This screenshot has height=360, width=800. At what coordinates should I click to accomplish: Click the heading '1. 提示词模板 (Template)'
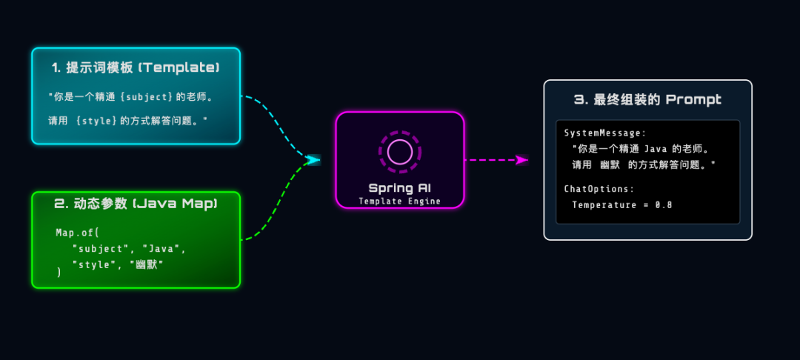(x=136, y=67)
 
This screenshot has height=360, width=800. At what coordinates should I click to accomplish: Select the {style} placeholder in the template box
(x=96, y=119)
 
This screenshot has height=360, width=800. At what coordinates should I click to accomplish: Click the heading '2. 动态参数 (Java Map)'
(x=136, y=203)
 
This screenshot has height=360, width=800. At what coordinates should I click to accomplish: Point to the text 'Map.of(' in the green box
(x=77, y=233)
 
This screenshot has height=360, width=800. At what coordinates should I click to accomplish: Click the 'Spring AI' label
(x=399, y=188)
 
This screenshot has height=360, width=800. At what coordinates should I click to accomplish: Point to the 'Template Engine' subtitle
(x=399, y=201)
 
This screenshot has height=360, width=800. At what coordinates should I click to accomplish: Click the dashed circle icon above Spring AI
(x=400, y=151)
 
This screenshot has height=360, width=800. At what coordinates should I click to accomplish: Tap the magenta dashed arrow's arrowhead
(x=523, y=159)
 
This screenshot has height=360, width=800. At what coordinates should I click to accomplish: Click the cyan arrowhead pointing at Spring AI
(x=314, y=159)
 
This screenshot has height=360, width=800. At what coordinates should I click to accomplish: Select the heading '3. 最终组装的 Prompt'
(x=647, y=99)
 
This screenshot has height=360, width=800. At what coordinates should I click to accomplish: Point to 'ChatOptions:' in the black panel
(x=599, y=189)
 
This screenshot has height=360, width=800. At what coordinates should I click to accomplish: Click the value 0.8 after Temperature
(x=663, y=204)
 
